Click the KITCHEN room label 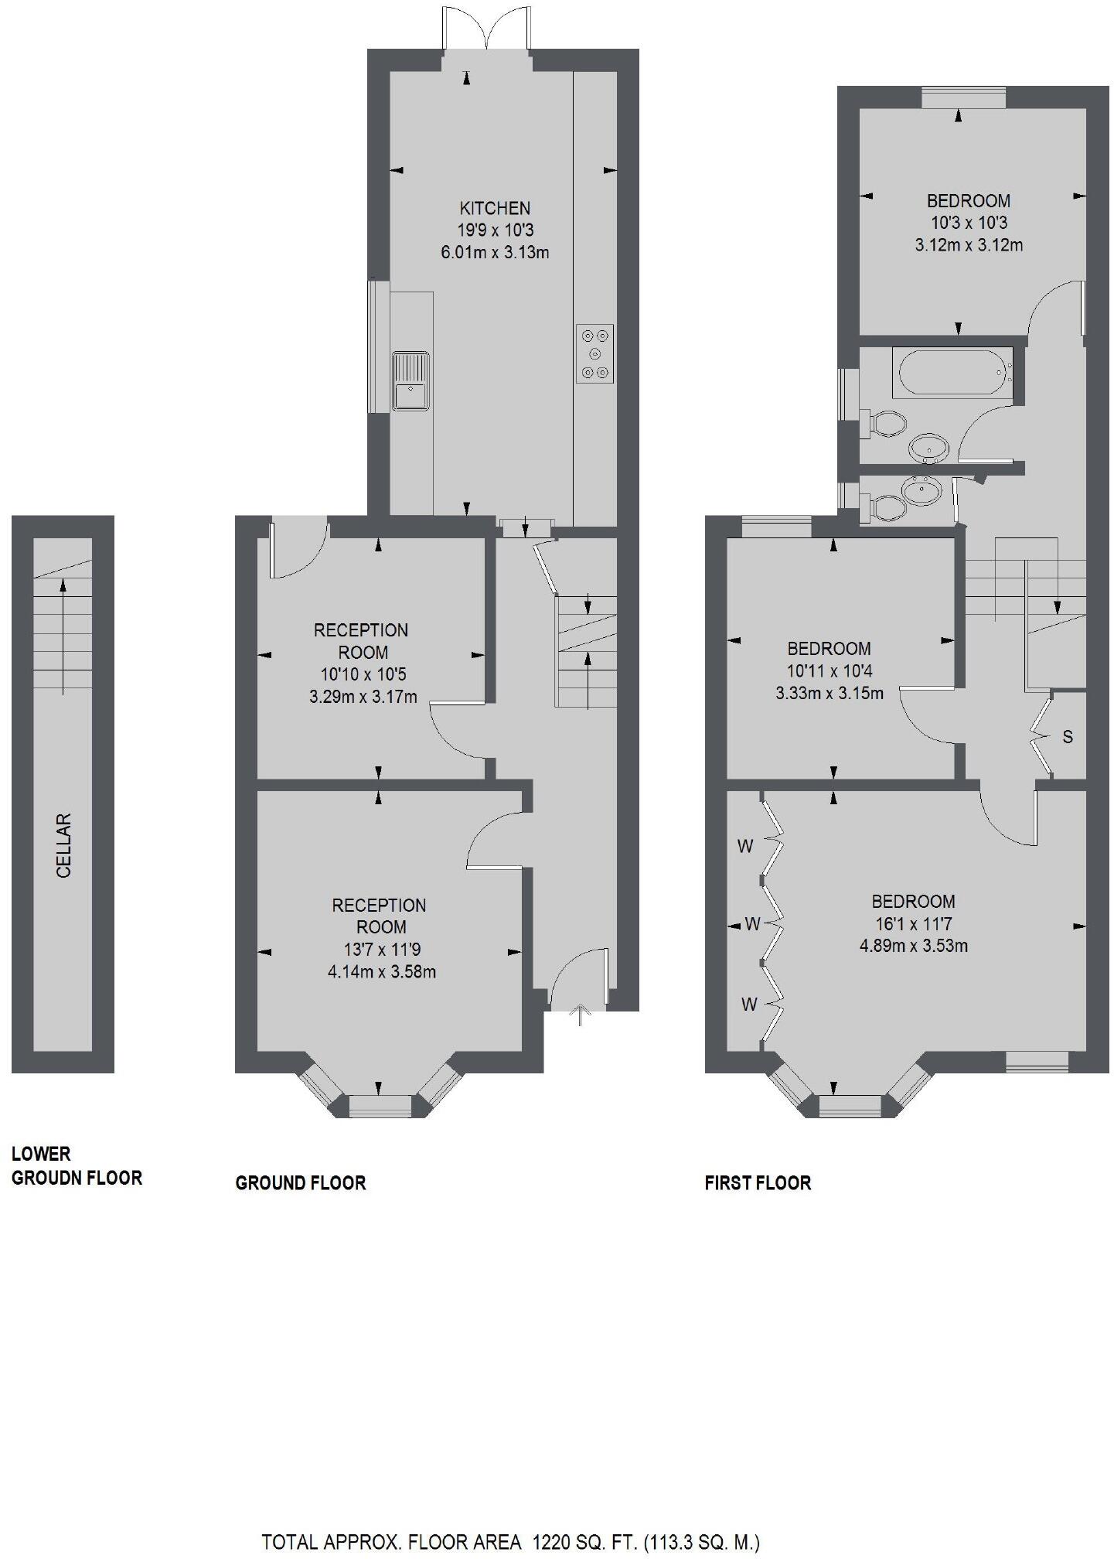coord(495,208)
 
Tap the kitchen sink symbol coord(411,380)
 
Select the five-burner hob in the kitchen coord(594,353)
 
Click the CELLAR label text coord(64,844)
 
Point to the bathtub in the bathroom coord(952,373)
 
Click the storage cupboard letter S coord(1068,737)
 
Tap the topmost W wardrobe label coord(745,847)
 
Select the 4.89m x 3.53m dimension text coord(913,946)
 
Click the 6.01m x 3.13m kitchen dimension coord(495,252)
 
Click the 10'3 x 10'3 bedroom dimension coord(969,223)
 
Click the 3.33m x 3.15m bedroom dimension coord(829,693)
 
